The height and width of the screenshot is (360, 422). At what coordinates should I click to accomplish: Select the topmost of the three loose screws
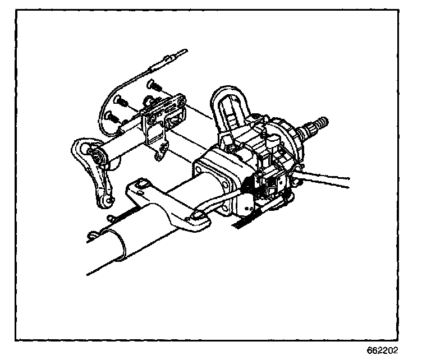pyautogui.click(x=152, y=85)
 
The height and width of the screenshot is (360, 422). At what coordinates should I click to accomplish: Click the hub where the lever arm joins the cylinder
pyautogui.click(x=97, y=158)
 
